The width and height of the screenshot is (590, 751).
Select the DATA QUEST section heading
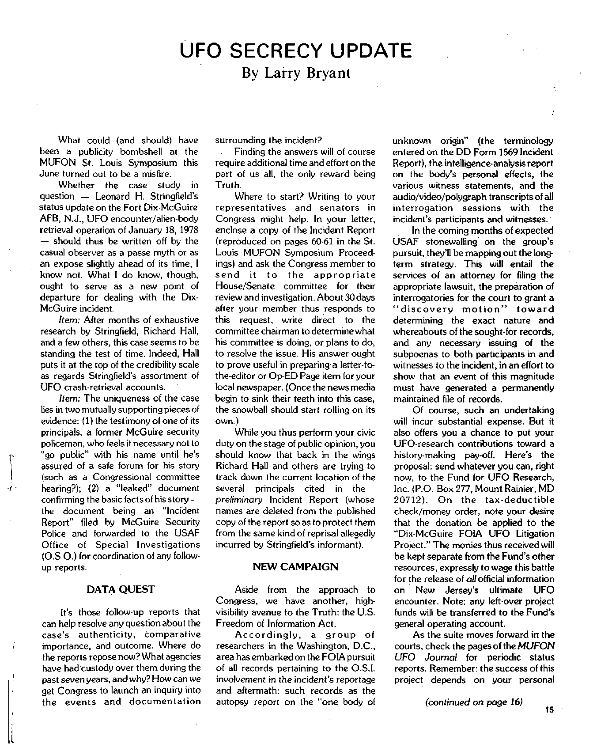(120, 589)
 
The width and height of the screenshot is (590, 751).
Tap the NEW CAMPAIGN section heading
(295, 567)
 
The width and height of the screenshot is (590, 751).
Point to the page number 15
(550, 710)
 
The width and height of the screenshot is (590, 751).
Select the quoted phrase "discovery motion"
(449, 309)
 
